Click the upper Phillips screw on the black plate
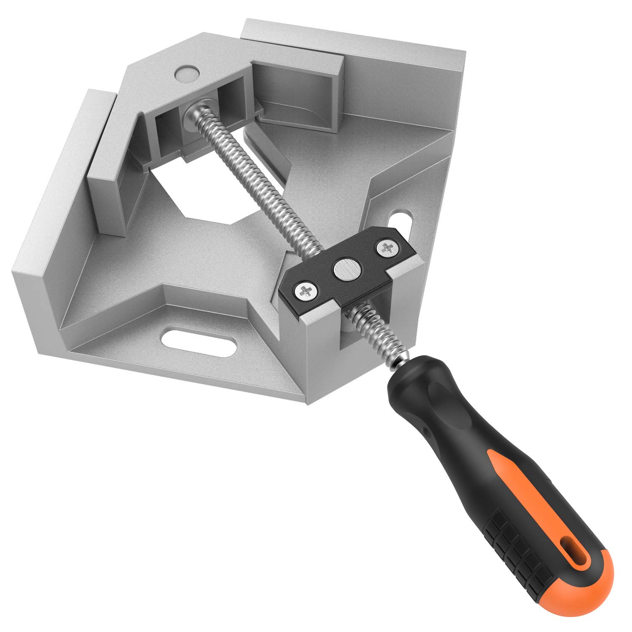(386, 248)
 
